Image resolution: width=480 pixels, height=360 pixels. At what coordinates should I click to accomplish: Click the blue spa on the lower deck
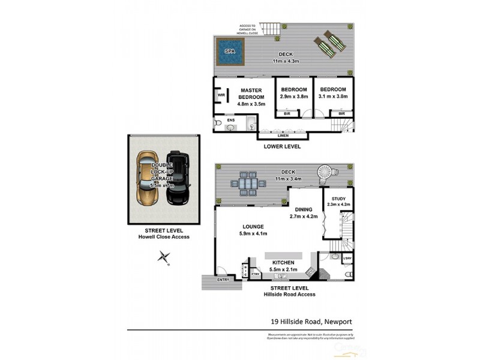pos(231,52)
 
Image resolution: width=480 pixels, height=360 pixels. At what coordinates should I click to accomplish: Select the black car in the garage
pos(179,179)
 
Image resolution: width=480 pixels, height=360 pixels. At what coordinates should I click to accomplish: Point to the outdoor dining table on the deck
pos(248,184)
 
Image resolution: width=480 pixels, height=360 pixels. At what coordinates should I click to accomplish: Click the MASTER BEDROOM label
pos(251,94)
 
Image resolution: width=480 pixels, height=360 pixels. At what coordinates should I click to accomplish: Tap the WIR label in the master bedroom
pos(221,95)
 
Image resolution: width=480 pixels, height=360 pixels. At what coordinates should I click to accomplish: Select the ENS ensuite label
pos(231,120)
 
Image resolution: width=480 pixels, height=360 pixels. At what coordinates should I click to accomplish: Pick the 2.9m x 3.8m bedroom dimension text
pos(294,96)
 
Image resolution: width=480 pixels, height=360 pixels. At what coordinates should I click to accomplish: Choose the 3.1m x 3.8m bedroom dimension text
pos(333,96)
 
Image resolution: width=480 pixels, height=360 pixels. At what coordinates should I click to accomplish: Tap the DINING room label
pos(303,209)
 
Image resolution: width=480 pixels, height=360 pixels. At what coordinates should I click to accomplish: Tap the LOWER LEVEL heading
pos(282,146)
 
